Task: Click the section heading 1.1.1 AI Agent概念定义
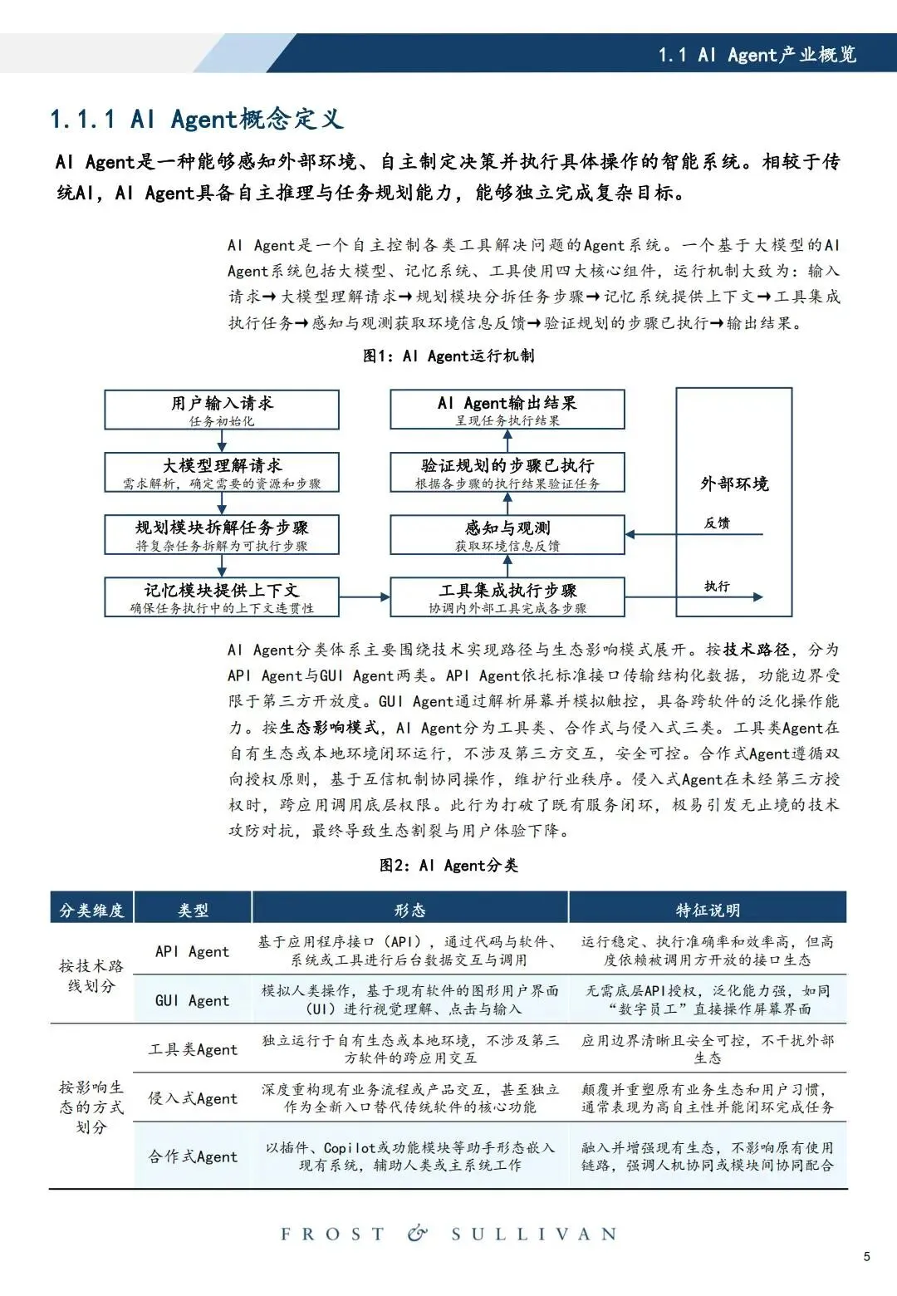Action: (x=197, y=119)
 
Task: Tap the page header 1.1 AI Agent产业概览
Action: (x=757, y=55)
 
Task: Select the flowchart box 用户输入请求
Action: (x=222, y=410)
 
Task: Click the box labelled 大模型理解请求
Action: (x=222, y=472)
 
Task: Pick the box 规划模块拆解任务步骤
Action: (x=222, y=534)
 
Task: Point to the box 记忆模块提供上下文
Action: (x=222, y=596)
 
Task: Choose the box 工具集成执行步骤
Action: (x=507, y=596)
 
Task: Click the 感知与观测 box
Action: (x=507, y=534)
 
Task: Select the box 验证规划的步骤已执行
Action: (x=507, y=472)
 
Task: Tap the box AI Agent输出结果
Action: (x=507, y=410)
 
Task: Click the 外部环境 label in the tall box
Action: (x=734, y=484)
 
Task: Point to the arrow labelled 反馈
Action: (x=694, y=534)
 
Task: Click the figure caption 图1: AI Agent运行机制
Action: (x=448, y=356)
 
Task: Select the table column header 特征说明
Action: (x=708, y=910)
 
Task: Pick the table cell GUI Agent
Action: (x=192, y=1000)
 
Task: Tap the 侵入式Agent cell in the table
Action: (x=193, y=1098)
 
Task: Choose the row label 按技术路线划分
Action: (x=91, y=976)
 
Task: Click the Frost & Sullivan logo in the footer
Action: (x=448, y=1234)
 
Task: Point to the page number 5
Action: (x=867, y=1256)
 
